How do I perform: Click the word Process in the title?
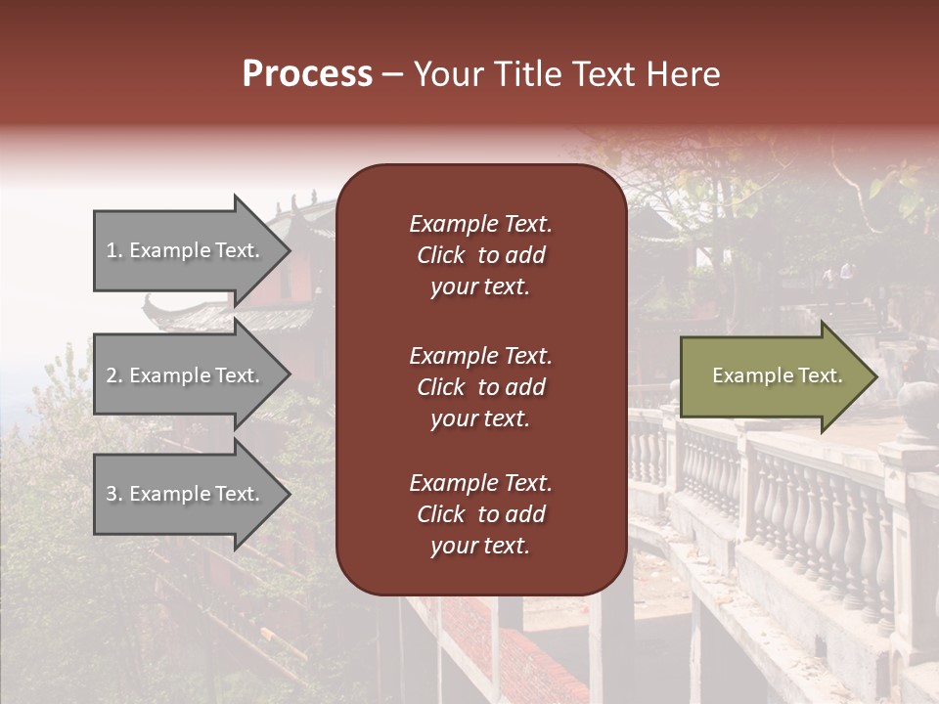(307, 74)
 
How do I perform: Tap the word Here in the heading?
(684, 74)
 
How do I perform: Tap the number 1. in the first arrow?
(113, 250)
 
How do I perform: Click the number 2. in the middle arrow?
(113, 375)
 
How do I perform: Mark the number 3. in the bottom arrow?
(113, 494)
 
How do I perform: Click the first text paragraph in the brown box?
(480, 255)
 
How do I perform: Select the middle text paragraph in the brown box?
(480, 386)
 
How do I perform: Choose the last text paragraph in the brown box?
(480, 514)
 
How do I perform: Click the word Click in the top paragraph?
(440, 255)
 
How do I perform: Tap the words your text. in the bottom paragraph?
(480, 546)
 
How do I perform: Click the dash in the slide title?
(392, 74)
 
